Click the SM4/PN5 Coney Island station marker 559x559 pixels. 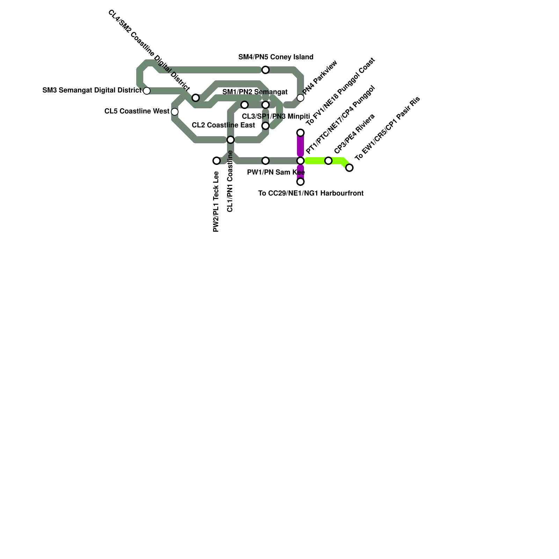[266, 70]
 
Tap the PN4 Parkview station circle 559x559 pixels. [300, 98]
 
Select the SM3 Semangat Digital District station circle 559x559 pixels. [147, 91]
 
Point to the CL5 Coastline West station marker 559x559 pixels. [175, 112]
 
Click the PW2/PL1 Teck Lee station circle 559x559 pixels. [217, 161]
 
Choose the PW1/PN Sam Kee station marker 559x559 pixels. [266, 161]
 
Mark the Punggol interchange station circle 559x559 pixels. [300, 161]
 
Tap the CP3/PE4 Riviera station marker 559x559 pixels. [328, 161]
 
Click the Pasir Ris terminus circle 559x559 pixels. [349, 168]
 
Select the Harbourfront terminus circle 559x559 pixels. [300, 182]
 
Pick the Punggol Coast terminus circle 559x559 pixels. [300, 133]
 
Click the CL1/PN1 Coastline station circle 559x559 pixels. [231, 140]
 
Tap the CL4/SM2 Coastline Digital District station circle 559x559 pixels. [196, 98]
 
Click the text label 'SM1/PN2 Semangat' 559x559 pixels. [255, 92]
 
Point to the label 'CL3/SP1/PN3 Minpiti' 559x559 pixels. [276, 116]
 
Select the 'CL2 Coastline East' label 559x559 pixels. [223, 125]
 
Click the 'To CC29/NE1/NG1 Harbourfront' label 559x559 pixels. [311, 193]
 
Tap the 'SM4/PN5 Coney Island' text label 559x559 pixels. [276, 57]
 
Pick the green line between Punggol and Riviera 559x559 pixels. [314, 161]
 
